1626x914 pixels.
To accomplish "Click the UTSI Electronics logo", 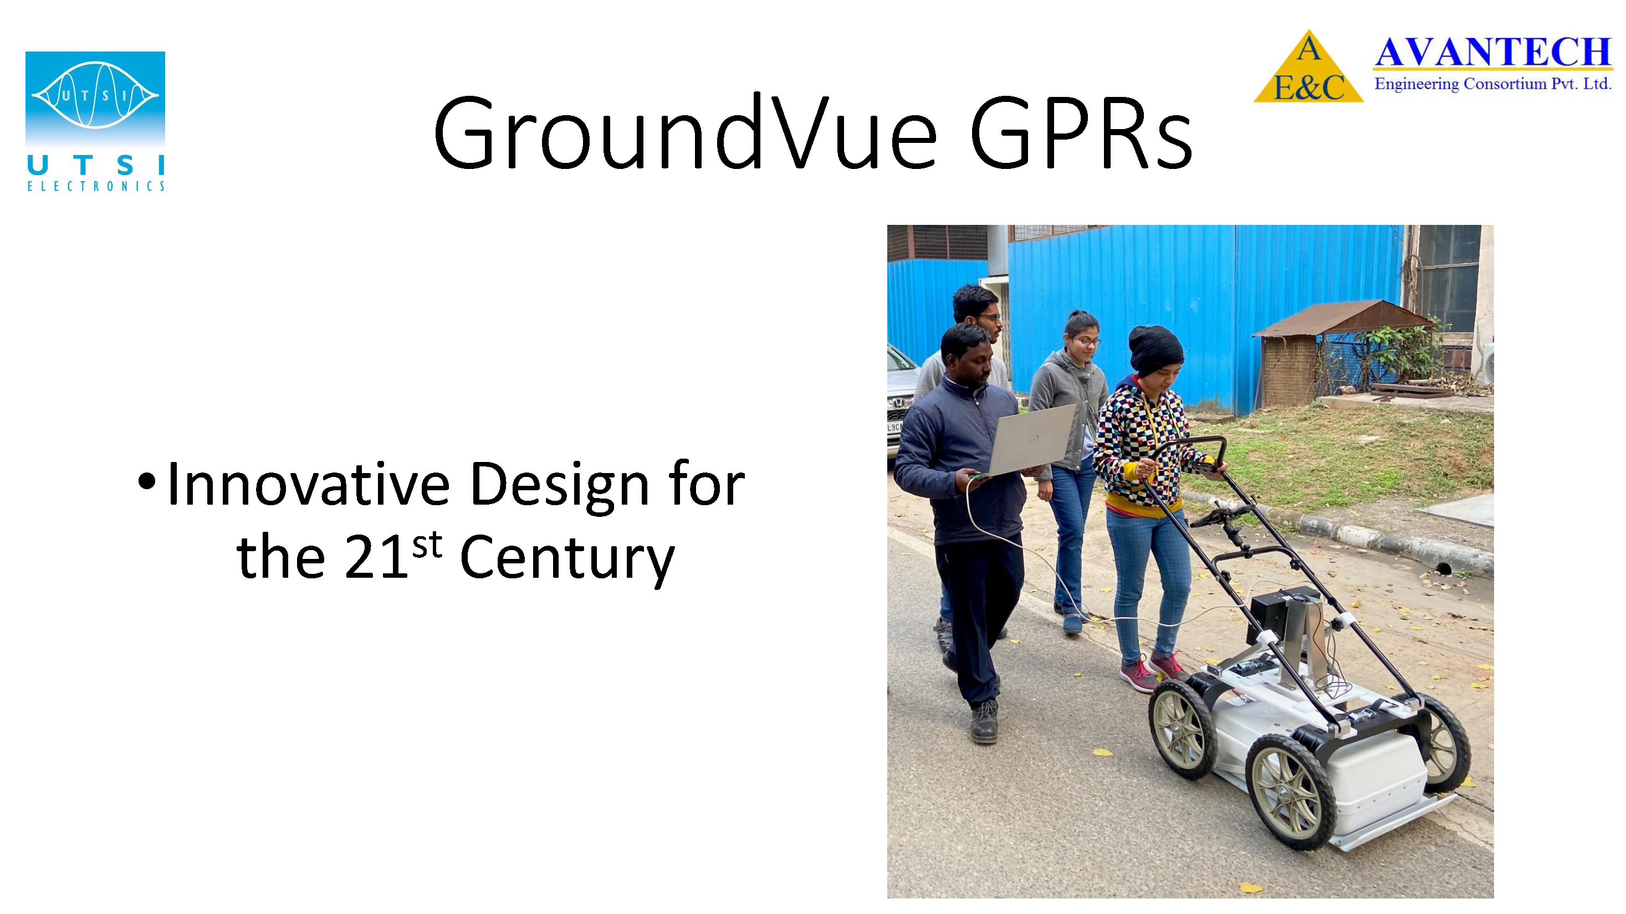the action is point(95,121).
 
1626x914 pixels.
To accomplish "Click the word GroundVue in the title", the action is point(686,132).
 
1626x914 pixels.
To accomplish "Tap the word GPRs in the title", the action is point(1081,133).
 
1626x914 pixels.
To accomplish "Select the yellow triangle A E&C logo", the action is point(1308,67).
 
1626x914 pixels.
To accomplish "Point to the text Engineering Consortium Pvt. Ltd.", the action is point(1494,84).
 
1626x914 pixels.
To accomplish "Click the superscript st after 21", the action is point(427,545).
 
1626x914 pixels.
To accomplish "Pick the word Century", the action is point(567,558).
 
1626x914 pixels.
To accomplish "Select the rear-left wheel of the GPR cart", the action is point(1182,728).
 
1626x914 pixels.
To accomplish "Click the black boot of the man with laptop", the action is point(984,722).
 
